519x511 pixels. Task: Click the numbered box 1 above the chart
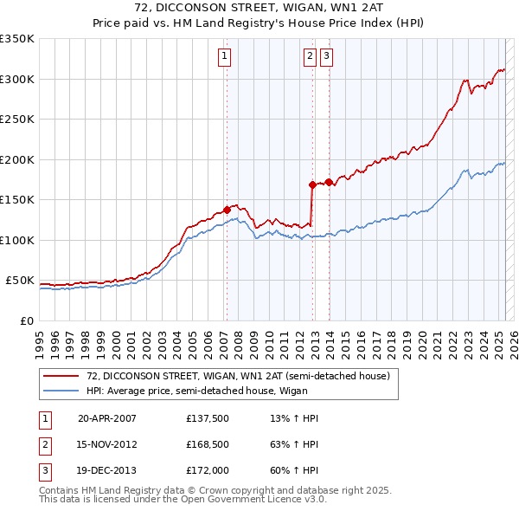(224, 56)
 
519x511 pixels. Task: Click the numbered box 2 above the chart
(310, 56)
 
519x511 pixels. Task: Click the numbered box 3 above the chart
(327, 56)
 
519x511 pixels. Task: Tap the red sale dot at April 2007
(227, 210)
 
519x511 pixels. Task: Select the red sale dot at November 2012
(312, 184)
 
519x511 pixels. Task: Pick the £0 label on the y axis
(28, 320)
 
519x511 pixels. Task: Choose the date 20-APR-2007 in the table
(107, 418)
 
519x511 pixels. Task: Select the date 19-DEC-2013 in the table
(107, 472)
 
